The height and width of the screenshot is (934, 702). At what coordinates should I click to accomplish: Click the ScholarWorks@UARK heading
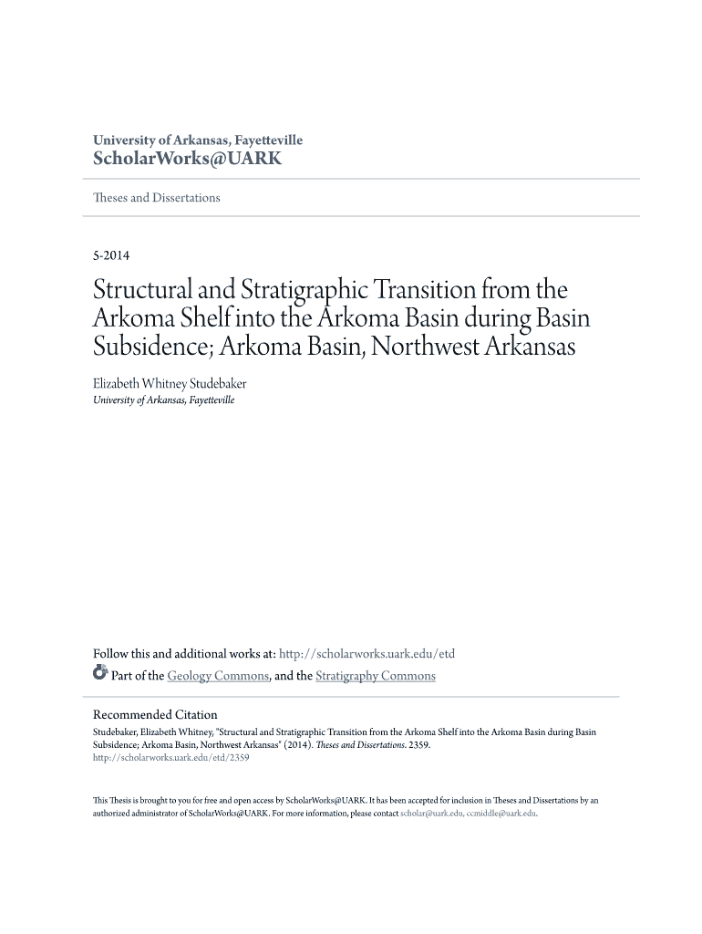click(188, 159)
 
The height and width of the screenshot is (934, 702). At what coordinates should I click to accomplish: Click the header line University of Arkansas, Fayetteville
click(198, 140)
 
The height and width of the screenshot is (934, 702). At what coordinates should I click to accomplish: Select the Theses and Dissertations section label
click(157, 198)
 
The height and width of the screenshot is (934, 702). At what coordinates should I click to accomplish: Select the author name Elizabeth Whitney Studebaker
click(170, 384)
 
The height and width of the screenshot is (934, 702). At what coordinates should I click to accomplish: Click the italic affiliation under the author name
click(164, 400)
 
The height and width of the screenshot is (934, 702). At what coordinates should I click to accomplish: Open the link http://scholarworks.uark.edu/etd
click(366, 654)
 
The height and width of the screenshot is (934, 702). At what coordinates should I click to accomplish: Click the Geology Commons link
click(218, 676)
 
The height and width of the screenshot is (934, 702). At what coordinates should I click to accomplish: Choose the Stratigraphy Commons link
click(375, 676)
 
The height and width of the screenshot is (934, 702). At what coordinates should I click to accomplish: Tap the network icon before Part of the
click(100, 675)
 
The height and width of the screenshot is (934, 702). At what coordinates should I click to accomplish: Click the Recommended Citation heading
click(156, 715)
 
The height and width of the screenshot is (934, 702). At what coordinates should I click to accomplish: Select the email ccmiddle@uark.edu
click(501, 813)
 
